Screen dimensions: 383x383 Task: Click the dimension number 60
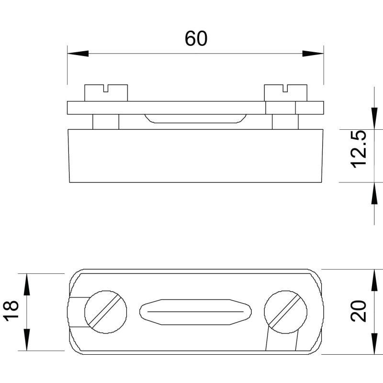pyautogui.click(x=196, y=39)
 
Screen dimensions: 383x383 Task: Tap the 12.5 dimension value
pyautogui.click(x=359, y=149)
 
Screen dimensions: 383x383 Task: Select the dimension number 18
pyautogui.click(x=11, y=310)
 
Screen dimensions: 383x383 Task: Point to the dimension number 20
pyautogui.click(x=359, y=311)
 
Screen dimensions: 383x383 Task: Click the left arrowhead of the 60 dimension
pyautogui.click(x=78, y=54)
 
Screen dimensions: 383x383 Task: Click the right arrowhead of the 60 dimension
pyautogui.click(x=313, y=54)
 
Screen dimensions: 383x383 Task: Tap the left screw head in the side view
pyautogui.click(x=106, y=93)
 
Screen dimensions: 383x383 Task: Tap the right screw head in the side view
pyautogui.click(x=286, y=93)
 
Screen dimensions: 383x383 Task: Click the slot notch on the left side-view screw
pyautogui.click(x=106, y=88)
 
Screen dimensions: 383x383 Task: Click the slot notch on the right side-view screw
pyautogui.click(x=285, y=88)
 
